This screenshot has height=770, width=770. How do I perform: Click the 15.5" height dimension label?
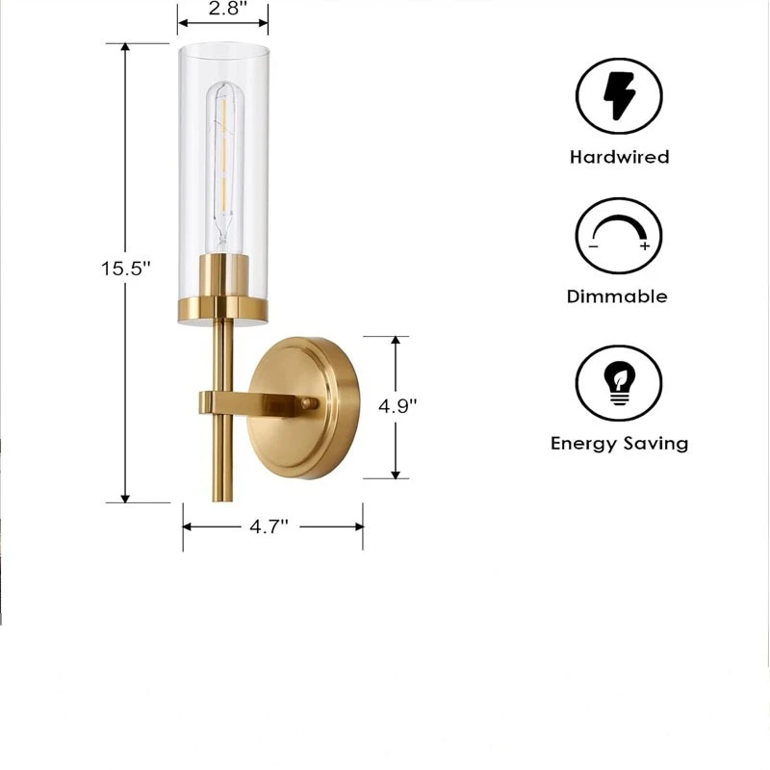click(125, 269)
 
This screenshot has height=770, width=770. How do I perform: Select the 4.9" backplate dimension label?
click(398, 406)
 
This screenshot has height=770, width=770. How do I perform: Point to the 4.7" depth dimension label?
click(269, 526)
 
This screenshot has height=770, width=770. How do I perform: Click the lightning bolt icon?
click(619, 96)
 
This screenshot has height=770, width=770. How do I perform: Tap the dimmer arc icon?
click(619, 232)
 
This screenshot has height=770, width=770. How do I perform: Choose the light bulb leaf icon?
click(619, 383)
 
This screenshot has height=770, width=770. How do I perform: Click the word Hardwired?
click(619, 157)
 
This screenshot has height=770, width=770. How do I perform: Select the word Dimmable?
click(617, 296)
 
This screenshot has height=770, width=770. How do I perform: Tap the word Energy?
click(584, 444)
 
